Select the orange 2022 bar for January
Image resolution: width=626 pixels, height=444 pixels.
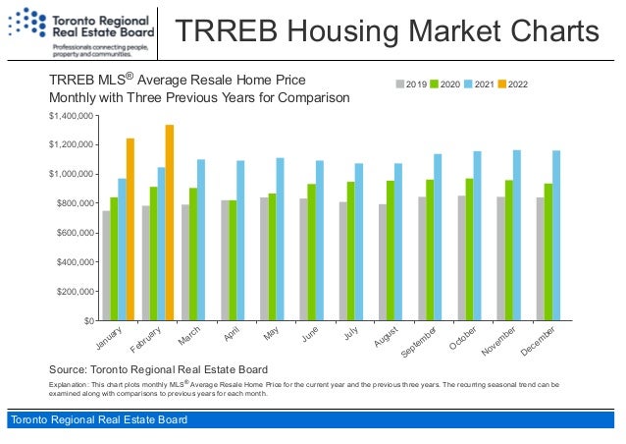click(130, 230)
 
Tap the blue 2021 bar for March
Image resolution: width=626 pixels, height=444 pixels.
click(201, 240)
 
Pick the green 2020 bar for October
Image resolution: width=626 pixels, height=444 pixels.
click(469, 250)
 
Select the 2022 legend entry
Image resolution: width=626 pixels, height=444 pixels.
click(513, 85)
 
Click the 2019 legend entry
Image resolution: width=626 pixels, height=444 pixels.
click(409, 85)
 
